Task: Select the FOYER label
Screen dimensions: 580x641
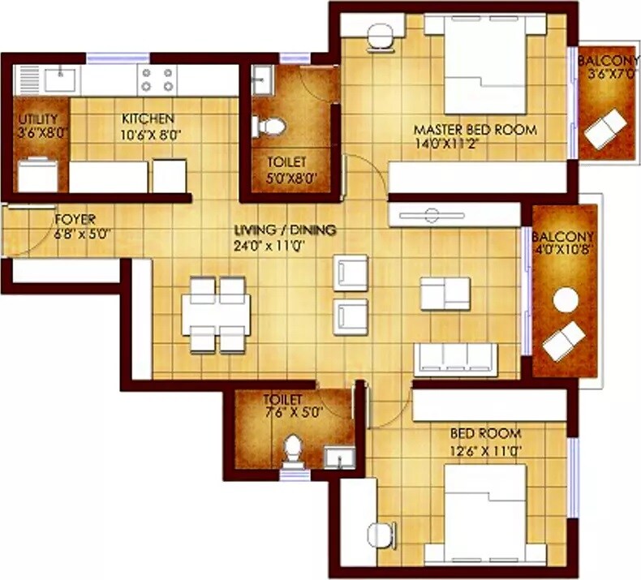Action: pos(75,219)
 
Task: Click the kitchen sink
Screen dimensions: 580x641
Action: pos(59,79)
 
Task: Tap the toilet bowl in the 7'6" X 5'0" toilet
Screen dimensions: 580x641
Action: pos(292,451)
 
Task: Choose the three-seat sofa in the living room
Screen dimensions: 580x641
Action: pos(455,357)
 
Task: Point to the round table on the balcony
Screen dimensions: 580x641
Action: pos(565,301)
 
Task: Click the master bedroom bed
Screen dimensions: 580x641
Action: pos(485,67)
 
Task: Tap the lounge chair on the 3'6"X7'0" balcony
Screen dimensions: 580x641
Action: pos(605,128)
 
